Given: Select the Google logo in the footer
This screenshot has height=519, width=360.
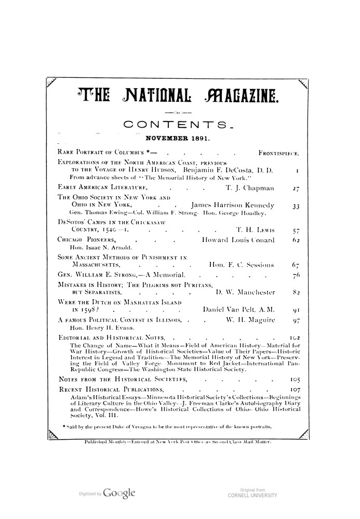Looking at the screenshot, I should [x=120, y=490].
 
